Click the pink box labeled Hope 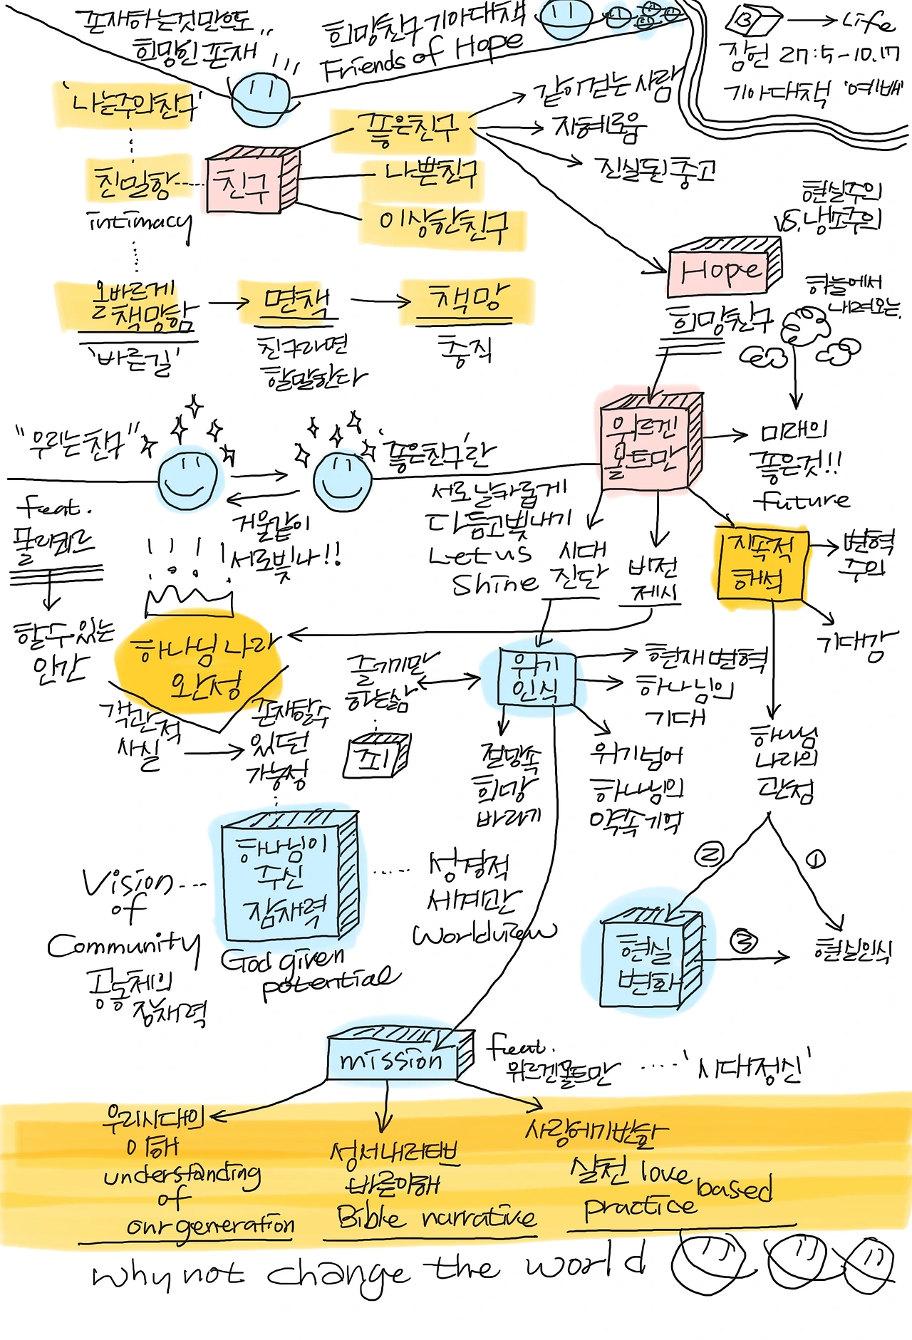(721, 270)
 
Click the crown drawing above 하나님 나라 (189, 597)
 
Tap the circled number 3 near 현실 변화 (744, 942)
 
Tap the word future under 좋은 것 (802, 500)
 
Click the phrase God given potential (310, 972)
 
